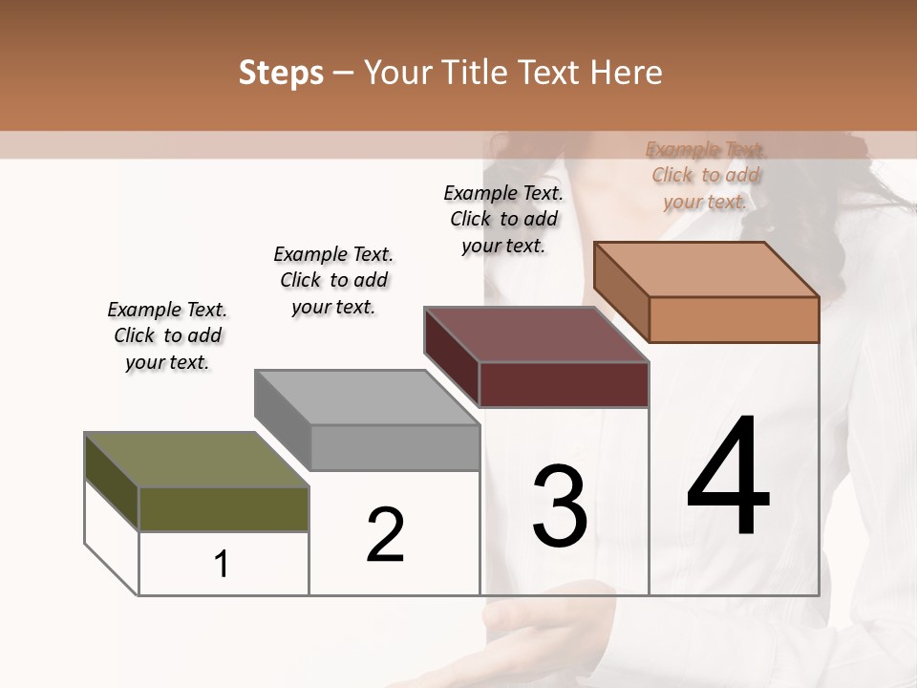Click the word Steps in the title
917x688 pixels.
281,73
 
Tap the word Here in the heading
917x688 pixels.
627,73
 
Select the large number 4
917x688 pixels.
728,477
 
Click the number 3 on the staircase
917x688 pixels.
560,505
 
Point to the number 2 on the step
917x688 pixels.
386,535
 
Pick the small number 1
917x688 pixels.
222,565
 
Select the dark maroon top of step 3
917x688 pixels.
535,334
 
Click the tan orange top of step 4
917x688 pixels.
707,269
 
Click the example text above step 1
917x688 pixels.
167,335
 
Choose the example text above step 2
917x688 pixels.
333,280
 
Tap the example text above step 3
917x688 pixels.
503,219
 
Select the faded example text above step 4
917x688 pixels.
705,175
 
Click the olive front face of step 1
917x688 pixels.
224,508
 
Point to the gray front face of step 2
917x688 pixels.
395,447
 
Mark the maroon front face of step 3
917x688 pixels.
564,384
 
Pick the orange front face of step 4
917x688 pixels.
734,319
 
